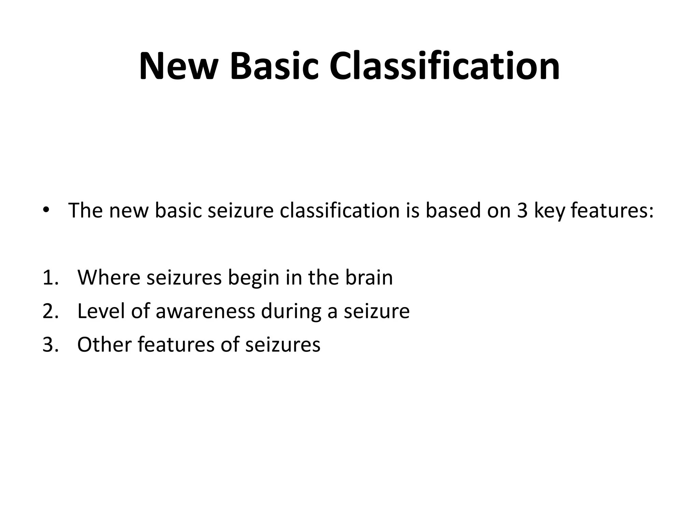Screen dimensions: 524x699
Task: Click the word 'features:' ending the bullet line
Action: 612,210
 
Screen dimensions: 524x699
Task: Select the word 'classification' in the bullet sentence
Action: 339,210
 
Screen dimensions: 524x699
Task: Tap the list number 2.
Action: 49,311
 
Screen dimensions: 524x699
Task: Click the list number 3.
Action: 49,344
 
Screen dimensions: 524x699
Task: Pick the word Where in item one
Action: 109,277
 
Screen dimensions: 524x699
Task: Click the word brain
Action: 369,277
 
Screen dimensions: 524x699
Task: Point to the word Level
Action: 101,311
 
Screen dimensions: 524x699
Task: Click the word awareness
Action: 205,311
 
